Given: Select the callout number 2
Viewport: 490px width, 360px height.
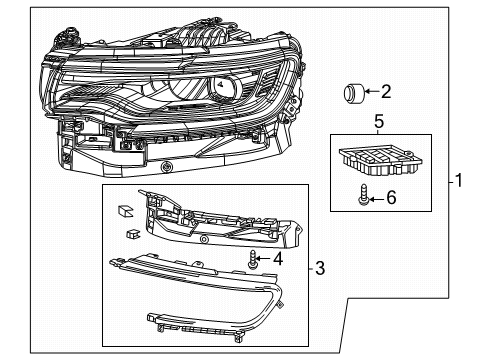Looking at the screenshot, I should click(x=386, y=93).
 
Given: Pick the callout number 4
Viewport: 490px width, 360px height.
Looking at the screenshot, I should click(x=278, y=259).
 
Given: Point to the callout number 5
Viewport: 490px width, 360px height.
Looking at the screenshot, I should click(x=378, y=123).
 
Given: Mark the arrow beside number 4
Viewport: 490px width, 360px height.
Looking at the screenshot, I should click(x=266, y=259).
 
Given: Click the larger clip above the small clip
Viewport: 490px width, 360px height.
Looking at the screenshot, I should click(x=125, y=210).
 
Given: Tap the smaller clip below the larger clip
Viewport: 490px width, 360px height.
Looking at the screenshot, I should click(x=131, y=235).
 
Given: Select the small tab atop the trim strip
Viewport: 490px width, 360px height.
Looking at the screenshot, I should click(x=126, y=253).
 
